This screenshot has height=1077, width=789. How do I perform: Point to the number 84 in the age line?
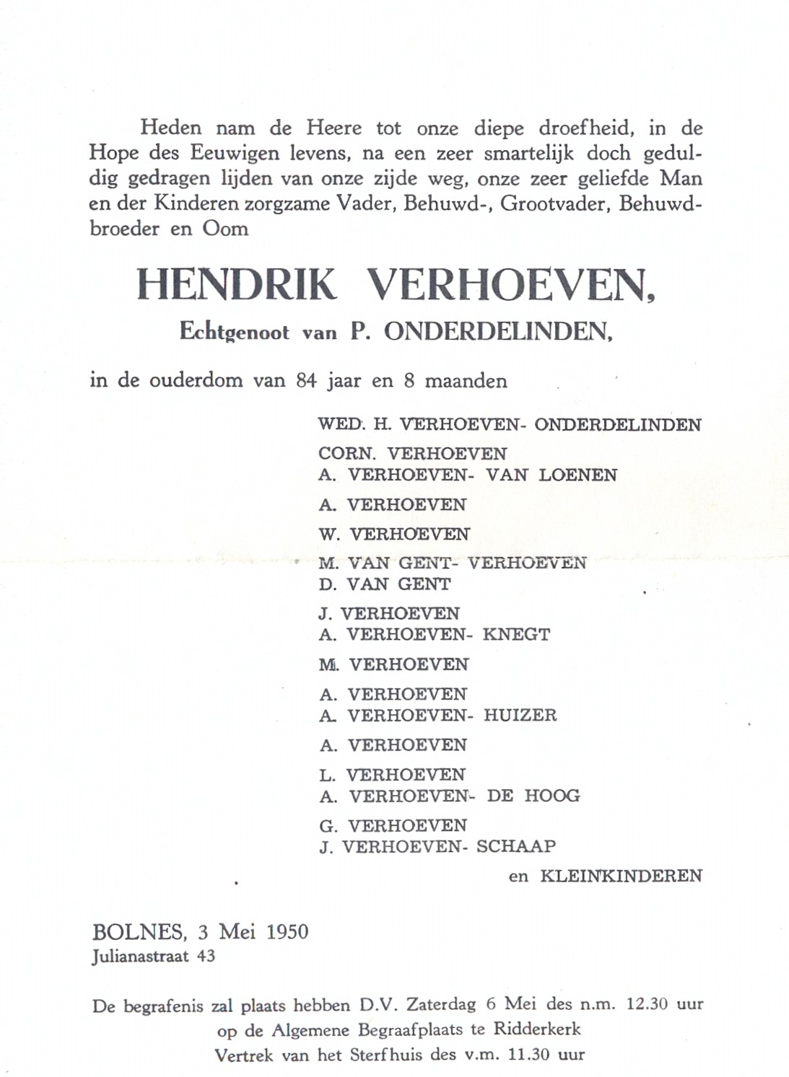pyautogui.click(x=306, y=381)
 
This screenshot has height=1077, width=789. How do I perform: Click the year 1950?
pyautogui.click(x=287, y=932)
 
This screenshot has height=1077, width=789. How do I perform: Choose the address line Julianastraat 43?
pyautogui.click(x=153, y=957)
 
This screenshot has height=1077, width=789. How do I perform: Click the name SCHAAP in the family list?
pyautogui.click(x=516, y=847)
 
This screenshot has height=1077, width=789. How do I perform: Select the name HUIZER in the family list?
pyautogui.click(x=520, y=716)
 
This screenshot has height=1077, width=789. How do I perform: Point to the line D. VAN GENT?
pyautogui.click(x=384, y=584)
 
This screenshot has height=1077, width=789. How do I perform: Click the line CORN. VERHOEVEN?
pyautogui.click(x=412, y=454)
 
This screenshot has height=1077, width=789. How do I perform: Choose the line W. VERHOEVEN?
pyautogui.click(x=393, y=534)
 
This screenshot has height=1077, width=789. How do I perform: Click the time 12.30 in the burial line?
pyautogui.click(x=646, y=1004)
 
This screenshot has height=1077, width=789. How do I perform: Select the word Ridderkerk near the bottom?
pyautogui.click(x=537, y=1029)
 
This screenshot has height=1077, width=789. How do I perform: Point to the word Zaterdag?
pyautogui.click(x=441, y=1004)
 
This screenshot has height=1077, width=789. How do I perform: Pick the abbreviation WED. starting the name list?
pyautogui.click(x=341, y=424)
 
